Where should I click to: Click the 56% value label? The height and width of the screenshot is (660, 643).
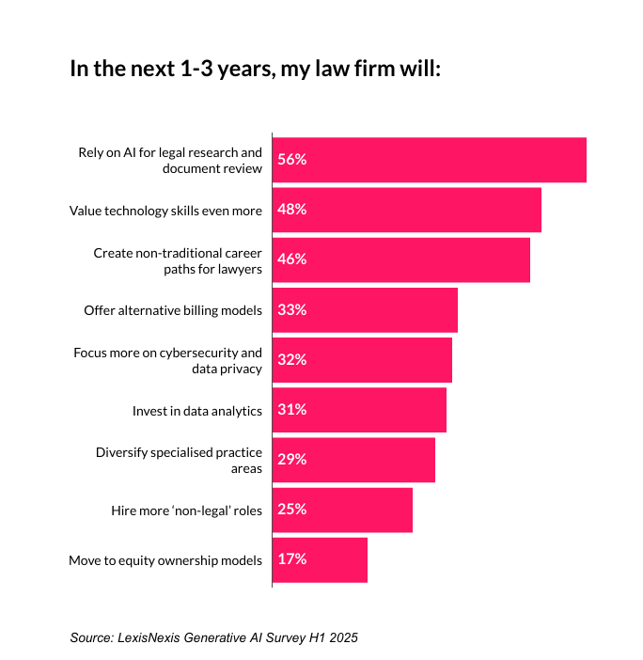click(x=291, y=160)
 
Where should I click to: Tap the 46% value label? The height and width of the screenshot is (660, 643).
click(x=291, y=259)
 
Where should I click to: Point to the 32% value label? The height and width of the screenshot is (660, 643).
click(x=291, y=360)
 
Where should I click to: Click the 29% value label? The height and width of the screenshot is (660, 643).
click(x=291, y=460)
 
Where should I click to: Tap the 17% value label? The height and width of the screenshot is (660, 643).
click(x=291, y=559)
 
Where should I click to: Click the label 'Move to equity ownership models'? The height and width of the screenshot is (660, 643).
click(x=165, y=561)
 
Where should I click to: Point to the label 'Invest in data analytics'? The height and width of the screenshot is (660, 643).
click(x=197, y=411)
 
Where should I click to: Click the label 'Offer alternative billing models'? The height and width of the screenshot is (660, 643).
click(x=173, y=310)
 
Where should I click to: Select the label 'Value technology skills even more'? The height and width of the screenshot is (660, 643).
click(x=166, y=211)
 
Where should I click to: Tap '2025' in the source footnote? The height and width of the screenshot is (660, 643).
click(x=344, y=637)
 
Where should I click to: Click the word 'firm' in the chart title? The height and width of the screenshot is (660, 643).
click(x=370, y=71)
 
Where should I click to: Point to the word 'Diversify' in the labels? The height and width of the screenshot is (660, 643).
click(x=121, y=452)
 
